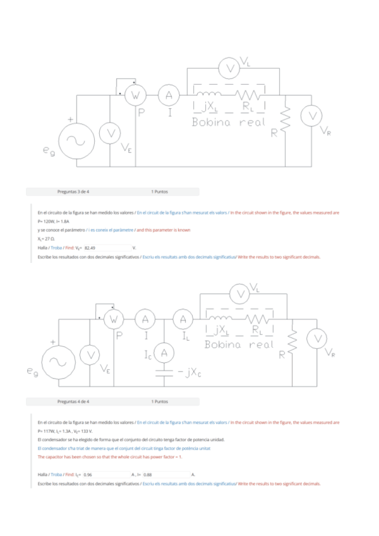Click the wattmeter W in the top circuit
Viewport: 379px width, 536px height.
point(135,95)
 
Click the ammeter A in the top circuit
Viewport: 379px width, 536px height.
point(168,95)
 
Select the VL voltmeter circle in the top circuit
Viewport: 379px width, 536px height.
point(231,67)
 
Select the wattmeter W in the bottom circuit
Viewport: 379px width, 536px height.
point(114,320)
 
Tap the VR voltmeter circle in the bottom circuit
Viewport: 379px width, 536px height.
point(316,339)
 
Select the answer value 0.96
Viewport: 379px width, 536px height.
point(88,474)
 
